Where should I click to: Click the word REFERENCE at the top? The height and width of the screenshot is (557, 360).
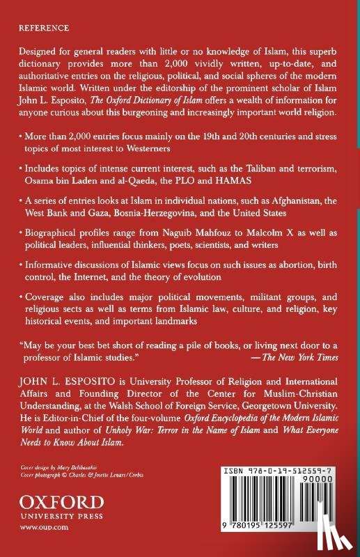click(43, 29)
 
